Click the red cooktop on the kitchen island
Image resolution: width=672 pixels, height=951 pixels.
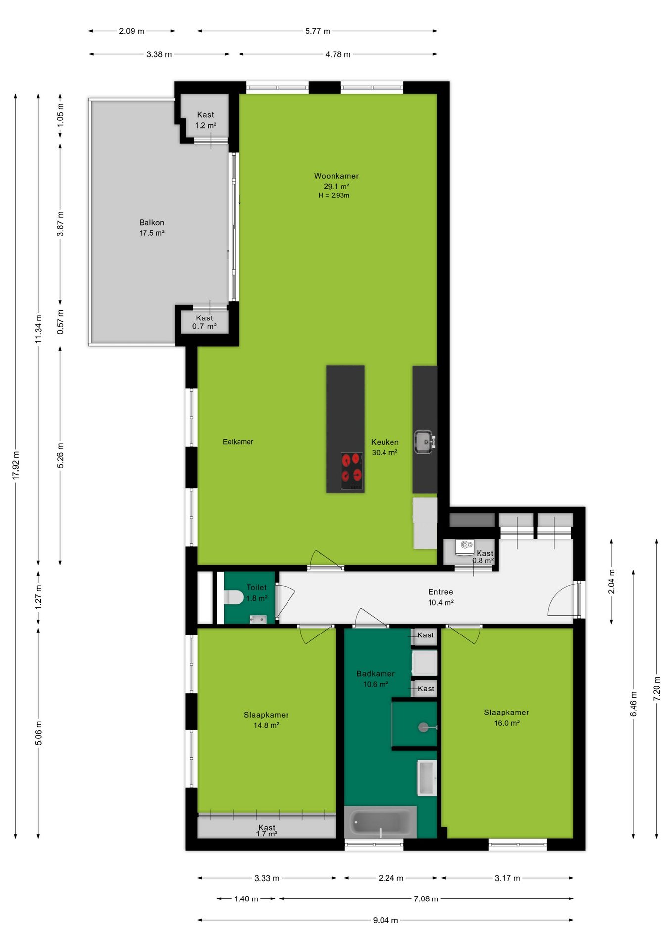click(352, 471)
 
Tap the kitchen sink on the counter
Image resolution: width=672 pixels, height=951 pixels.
click(425, 441)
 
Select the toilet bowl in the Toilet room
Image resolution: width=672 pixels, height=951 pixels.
click(233, 597)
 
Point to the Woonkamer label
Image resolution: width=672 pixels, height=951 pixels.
click(336, 176)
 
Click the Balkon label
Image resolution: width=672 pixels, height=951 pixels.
click(152, 223)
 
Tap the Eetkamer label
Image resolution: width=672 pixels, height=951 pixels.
click(238, 442)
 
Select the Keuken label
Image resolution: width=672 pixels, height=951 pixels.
click(385, 442)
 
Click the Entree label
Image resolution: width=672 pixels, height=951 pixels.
click(441, 592)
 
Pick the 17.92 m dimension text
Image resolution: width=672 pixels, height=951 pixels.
click(16, 466)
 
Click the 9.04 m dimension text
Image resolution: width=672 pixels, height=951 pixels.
click(385, 920)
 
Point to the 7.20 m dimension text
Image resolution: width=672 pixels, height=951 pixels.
click(657, 688)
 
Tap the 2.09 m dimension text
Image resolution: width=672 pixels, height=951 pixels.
click(132, 31)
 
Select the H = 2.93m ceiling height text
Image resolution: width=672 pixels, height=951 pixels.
click(334, 196)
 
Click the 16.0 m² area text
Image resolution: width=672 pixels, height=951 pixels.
click(507, 723)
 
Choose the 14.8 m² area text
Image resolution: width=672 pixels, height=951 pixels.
click(266, 725)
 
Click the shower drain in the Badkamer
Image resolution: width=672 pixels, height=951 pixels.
click(423, 727)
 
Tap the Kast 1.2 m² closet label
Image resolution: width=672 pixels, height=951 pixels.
click(206, 120)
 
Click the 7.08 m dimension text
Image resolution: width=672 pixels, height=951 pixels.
click(426, 899)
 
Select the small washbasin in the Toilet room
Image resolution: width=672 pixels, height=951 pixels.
click(258, 619)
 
